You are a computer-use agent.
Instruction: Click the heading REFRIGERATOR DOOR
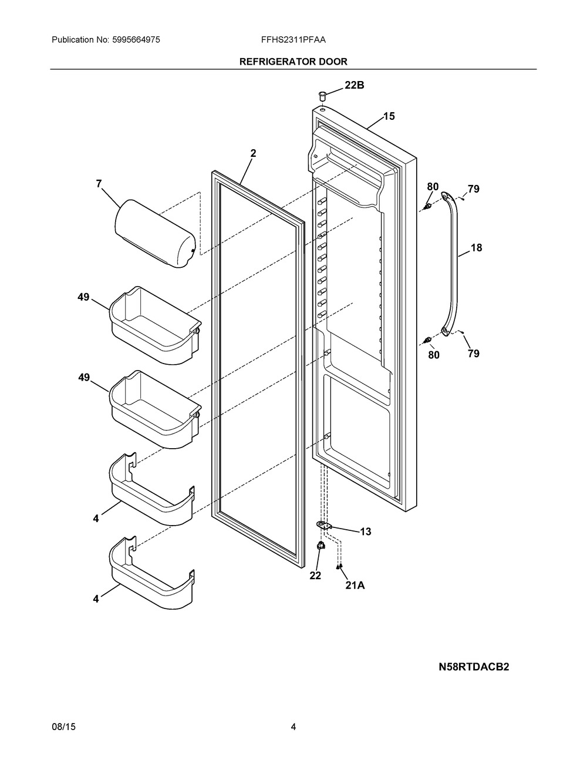pos(293,61)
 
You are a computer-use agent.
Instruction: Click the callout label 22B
pos(354,85)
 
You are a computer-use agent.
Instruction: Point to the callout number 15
pos(389,116)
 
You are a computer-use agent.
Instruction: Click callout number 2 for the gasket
pos(253,153)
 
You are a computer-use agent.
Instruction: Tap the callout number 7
pos(99,184)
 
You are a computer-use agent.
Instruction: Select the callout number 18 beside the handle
pos(476,248)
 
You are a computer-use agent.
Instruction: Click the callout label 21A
pos(355,585)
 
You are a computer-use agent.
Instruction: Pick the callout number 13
pos(365,532)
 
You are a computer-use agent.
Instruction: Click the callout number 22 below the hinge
pos(315,576)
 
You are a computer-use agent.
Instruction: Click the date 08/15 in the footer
pos(63,727)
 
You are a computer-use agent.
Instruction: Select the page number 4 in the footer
pos(293,727)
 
